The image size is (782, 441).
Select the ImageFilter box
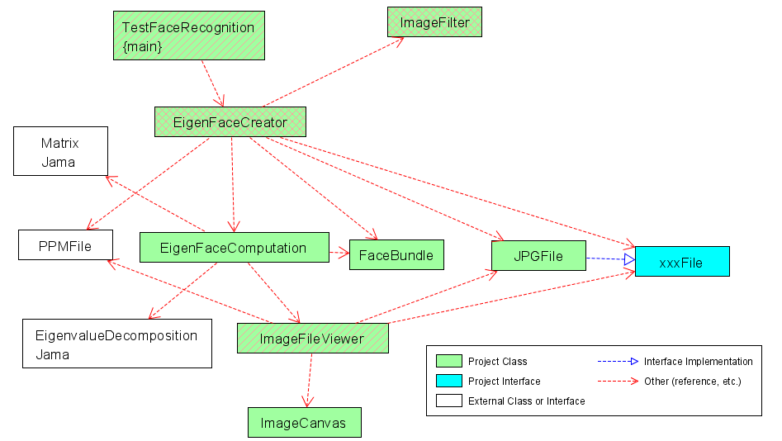[x=434, y=22]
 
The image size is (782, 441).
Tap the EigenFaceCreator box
[x=230, y=122]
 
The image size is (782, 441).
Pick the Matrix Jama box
[x=60, y=151]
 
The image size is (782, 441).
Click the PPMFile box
[x=65, y=245]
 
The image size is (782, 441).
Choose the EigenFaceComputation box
[x=234, y=248]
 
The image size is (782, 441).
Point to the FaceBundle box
[x=396, y=255]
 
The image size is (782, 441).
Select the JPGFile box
[x=538, y=256]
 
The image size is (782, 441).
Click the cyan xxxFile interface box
[x=681, y=262]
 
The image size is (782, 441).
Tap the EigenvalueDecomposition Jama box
[x=116, y=344]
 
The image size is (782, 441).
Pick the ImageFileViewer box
[x=311, y=339]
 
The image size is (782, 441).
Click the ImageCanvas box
[x=304, y=423]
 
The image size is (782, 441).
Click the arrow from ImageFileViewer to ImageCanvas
[x=310, y=381]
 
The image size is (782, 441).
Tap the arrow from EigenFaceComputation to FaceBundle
[x=339, y=252]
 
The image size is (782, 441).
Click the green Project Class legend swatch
[x=448, y=361]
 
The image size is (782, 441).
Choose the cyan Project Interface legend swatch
[x=448, y=381]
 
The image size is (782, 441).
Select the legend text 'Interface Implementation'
[x=698, y=361]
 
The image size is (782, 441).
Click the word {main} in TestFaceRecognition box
[x=142, y=47]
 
